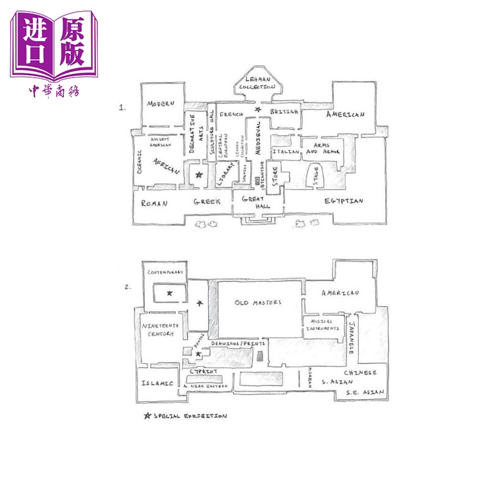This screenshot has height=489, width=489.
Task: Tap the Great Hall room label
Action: pos(257,202)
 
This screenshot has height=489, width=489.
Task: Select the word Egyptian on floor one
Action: pos(345,200)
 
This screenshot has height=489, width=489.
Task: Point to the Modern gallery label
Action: pos(161,104)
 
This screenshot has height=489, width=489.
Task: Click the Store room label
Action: pos(275,176)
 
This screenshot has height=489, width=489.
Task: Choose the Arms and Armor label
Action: pos(320,149)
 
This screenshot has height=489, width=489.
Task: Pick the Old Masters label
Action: pos(258,303)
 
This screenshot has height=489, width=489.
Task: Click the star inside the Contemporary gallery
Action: pos(170,295)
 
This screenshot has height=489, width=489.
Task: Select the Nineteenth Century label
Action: pos(159,330)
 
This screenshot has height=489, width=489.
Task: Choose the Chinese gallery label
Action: pos(359,372)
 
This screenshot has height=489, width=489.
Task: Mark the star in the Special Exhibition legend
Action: pos(147,416)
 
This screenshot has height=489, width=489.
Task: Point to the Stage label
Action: pos(316,176)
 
